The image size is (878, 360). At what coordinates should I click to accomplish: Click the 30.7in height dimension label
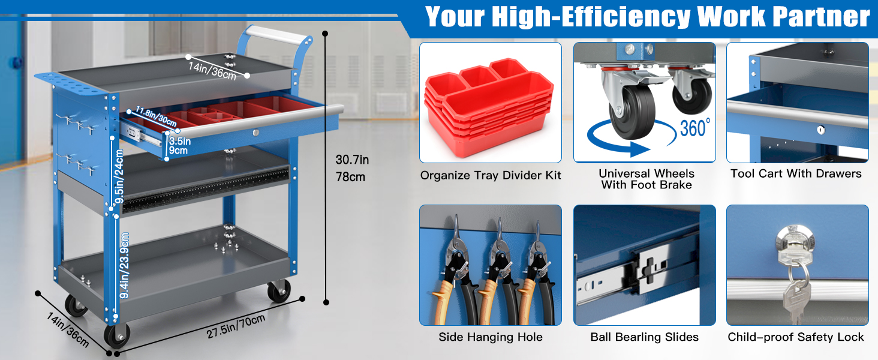click(x=352, y=160)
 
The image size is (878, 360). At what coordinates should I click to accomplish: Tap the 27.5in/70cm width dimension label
click(x=236, y=326)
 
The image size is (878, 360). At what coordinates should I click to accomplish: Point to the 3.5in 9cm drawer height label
click(x=180, y=145)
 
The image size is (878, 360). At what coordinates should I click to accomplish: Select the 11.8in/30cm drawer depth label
click(x=156, y=116)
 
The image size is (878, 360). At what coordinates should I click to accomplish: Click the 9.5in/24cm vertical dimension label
click(x=119, y=176)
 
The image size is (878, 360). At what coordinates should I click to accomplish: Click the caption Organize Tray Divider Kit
click(x=491, y=175)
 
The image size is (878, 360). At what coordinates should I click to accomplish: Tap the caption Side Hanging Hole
click(x=491, y=337)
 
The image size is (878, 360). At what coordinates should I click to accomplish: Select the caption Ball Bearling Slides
click(x=644, y=337)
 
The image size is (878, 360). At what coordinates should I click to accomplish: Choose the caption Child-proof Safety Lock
click(x=796, y=337)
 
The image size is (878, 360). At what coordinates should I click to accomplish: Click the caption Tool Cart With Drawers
click(x=796, y=173)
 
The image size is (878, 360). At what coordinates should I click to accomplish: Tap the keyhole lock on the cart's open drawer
click(x=256, y=133)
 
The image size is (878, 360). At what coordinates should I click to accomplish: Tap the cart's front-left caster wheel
click(x=117, y=335)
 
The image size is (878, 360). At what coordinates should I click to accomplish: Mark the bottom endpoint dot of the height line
click(x=326, y=302)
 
